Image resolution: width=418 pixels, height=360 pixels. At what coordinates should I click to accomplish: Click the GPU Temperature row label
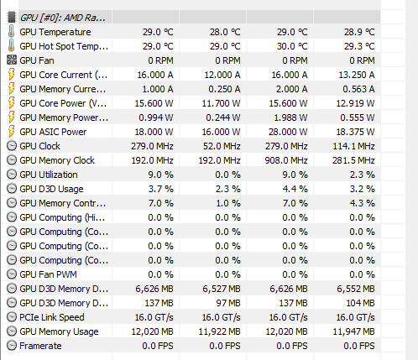pos(55,32)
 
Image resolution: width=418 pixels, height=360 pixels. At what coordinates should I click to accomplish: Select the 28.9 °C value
pos(359,32)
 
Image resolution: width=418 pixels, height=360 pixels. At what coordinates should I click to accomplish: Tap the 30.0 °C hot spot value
pos(292,46)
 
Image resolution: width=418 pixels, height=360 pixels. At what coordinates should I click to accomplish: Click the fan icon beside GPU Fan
pos(12,60)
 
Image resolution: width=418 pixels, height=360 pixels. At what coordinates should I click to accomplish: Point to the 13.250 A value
pos(357,75)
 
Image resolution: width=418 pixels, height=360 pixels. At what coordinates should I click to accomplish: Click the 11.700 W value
pos(221,103)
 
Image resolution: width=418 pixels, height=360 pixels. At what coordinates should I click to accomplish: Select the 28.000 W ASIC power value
pos(288,132)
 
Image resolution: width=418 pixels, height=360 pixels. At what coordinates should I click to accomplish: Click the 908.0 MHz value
pos(286,160)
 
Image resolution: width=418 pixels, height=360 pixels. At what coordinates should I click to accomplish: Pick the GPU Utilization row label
pos(49,175)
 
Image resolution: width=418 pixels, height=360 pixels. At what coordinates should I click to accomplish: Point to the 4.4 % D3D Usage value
pos(295,189)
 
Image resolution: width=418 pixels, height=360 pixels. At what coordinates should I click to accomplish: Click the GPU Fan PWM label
pos(48,274)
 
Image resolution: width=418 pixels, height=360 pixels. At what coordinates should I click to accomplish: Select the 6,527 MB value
pos(222,289)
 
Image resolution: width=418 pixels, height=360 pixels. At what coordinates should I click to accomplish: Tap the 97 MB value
pos(228,303)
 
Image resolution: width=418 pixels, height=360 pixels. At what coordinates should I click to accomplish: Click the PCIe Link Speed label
pos(52,317)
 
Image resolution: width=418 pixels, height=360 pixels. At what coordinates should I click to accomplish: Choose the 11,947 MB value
pos(353,331)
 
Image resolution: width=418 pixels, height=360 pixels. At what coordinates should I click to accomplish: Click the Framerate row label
pos(40,346)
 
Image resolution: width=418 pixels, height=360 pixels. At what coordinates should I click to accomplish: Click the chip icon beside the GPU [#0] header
pos(12,18)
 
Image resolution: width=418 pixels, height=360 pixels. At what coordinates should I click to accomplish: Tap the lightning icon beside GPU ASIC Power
pos(11,132)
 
